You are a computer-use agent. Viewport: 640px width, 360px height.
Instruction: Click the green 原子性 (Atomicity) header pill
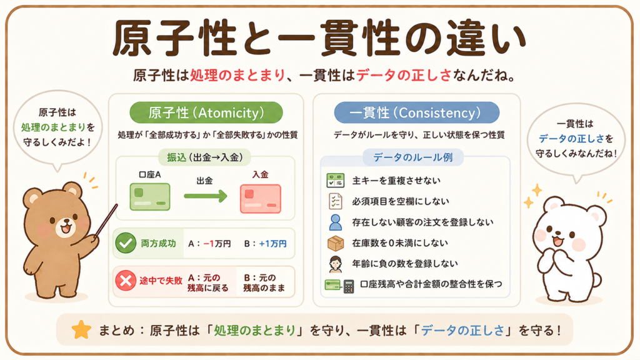click(x=206, y=112)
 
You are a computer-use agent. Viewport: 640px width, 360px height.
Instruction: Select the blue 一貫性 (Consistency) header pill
click(x=416, y=112)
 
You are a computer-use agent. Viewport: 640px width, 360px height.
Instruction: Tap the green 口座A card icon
click(x=150, y=197)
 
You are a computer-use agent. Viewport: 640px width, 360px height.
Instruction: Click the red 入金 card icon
click(x=261, y=199)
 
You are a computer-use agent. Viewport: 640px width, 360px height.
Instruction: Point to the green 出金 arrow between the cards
click(x=205, y=196)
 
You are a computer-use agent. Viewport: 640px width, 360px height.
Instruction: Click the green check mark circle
click(x=125, y=243)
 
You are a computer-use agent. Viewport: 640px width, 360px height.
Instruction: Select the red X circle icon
click(x=125, y=281)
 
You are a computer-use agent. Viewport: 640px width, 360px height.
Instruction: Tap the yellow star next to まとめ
click(x=81, y=330)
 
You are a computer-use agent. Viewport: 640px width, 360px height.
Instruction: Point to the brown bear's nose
click(x=65, y=222)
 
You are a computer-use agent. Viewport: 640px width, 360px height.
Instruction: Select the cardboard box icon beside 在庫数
click(x=336, y=243)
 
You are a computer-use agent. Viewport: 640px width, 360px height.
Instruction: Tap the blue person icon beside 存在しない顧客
click(x=336, y=222)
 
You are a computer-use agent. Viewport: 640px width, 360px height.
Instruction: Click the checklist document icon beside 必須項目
click(x=336, y=201)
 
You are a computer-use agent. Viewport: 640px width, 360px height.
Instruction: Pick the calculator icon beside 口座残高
click(x=349, y=286)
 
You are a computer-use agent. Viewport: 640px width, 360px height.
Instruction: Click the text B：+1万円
click(x=265, y=244)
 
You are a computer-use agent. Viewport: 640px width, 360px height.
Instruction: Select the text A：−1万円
click(x=209, y=244)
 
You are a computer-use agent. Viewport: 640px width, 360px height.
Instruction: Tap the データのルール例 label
click(x=413, y=157)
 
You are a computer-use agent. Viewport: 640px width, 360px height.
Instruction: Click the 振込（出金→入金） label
click(x=204, y=157)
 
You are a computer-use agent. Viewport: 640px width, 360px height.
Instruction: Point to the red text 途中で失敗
click(x=161, y=281)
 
